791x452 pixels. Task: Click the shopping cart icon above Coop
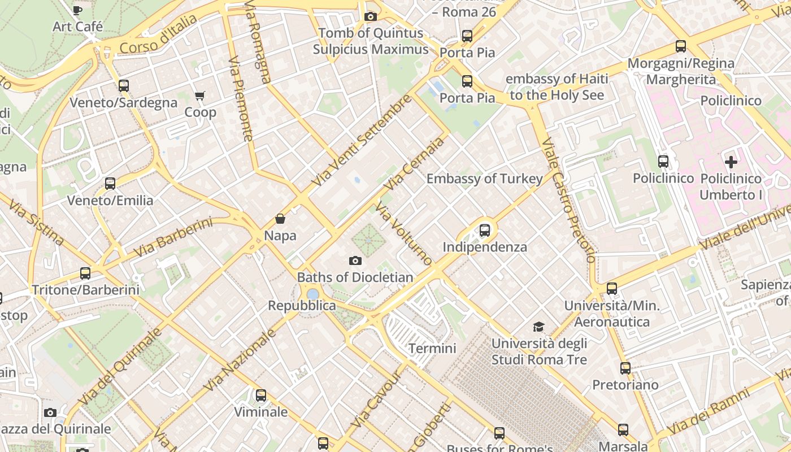click(x=199, y=95)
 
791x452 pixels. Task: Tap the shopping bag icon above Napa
click(x=280, y=219)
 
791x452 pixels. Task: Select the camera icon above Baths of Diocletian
click(x=355, y=260)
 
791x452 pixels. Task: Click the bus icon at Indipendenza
click(x=484, y=230)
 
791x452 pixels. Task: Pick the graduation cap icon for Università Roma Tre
click(x=538, y=327)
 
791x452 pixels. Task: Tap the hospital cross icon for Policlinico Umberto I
click(x=731, y=162)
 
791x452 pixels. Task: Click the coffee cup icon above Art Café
click(x=77, y=10)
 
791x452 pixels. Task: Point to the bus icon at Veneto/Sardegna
click(x=124, y=86)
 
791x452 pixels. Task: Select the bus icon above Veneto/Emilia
click(x=110, y=184)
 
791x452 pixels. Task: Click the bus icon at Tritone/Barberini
click(x=85, y=273)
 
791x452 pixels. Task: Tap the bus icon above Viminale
click(x=260, y=395)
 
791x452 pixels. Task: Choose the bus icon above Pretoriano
click(x=625, y=368)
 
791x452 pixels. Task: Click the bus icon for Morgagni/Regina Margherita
click(x=681, y=46)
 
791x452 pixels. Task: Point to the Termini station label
click(x=432, y=348)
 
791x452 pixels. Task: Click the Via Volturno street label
click(x=404, y=235)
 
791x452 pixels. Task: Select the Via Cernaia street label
click(x=414, y=164)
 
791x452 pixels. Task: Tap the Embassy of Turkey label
click(x=484, y=179)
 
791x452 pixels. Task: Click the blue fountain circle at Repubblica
click(x=312, y=294)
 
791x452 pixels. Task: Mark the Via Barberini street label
click(x=173, y=237)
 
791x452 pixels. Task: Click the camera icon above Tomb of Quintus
click(x=371, y=16)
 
